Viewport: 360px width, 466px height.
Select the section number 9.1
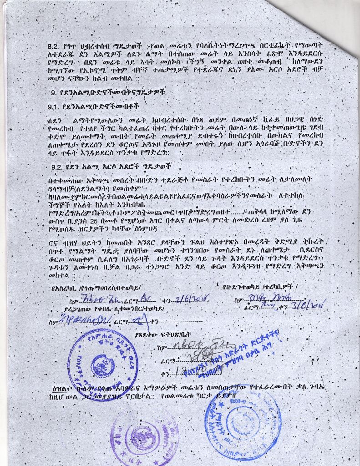click(x=55, y=107)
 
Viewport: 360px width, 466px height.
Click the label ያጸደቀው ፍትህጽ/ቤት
click(x=157, y=334)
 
